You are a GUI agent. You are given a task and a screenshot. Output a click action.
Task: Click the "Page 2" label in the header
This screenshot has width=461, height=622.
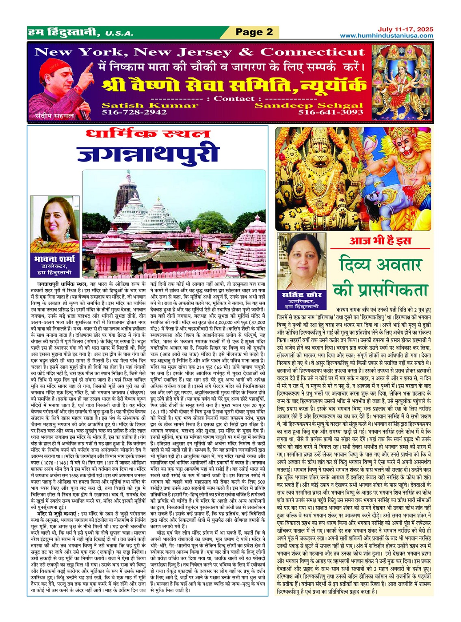click(254, 32)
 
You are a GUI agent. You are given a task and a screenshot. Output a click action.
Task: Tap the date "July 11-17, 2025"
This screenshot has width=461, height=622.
click(405, 29)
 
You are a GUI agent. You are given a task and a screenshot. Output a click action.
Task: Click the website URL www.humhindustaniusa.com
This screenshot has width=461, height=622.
click(386, 36)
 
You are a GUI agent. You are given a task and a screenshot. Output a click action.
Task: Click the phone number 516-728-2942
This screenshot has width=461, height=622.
click(134, 112)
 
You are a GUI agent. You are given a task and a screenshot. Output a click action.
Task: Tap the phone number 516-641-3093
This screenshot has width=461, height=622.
click(331, 112)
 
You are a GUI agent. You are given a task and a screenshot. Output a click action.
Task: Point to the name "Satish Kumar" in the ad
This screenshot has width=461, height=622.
click(150, 105)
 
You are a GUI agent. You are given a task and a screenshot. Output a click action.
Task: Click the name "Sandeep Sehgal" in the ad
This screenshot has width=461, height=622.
click(308, 105)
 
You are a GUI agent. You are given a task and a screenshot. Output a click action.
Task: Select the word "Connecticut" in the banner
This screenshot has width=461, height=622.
click(312, 52)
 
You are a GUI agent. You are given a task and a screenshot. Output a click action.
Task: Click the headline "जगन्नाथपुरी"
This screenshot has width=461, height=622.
click(148, 155)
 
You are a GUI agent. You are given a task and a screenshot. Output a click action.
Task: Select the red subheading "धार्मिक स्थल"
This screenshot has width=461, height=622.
click(148, 134)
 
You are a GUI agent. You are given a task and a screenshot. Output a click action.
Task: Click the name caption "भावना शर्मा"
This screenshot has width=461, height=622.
click(55, 259)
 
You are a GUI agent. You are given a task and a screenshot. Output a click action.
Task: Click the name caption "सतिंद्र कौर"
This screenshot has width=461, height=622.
click(301, 295)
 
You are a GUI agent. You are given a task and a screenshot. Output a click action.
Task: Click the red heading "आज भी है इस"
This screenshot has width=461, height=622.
click(380, 241)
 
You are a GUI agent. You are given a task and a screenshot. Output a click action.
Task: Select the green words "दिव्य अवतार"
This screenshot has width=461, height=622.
click(381, 265)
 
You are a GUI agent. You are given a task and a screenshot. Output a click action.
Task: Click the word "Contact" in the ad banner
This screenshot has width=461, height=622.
click(234, 99)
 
